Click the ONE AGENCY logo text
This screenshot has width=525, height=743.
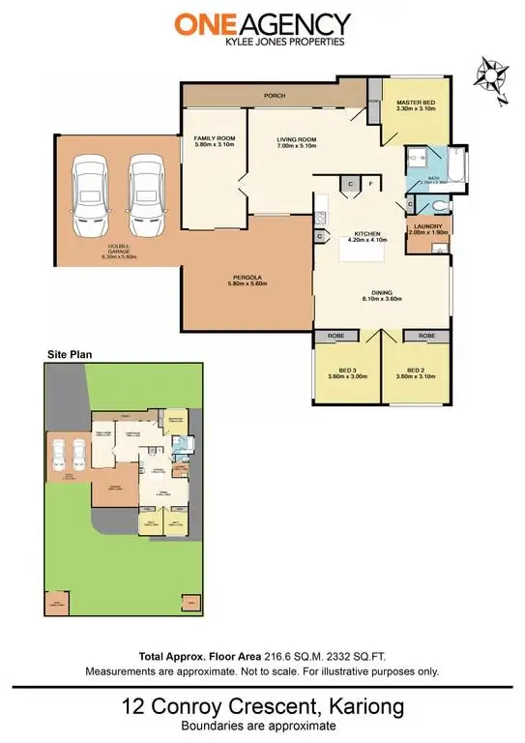tap(262, 24)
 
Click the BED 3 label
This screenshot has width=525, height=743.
tap(345, 371)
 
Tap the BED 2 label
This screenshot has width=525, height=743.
tap(416, 371)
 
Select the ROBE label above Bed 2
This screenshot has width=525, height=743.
tap(426, 335)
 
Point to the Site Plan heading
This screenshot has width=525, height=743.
tap(70, 356)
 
